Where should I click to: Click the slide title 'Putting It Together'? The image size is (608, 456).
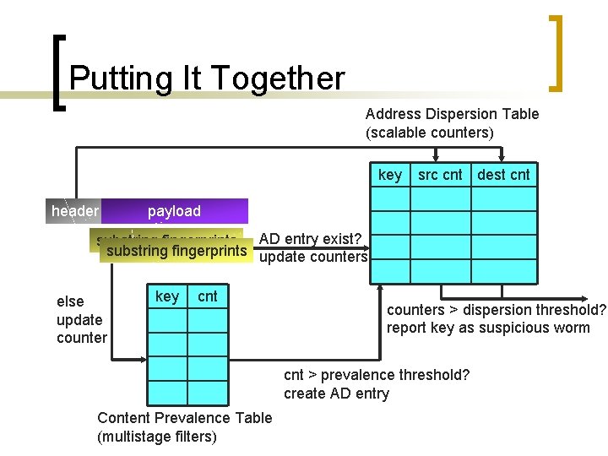coord(207,79)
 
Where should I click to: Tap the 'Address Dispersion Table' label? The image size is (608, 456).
coord(452,114)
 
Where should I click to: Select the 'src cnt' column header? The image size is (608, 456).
coord(440,175)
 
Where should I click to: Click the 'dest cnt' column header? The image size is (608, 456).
coord(504,175)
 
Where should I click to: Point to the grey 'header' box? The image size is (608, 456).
coord(75,211)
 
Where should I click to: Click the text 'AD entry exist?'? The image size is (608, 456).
coord(312,239)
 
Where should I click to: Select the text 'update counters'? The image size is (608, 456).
coord(313,257)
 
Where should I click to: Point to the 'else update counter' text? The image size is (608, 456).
coord(81,319)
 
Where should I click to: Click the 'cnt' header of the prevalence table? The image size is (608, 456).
coord(207,296)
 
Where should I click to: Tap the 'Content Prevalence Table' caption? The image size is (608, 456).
coord(185,418)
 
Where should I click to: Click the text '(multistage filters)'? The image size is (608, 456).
coord(157,437)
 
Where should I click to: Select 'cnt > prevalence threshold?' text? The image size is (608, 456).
coord(377,375)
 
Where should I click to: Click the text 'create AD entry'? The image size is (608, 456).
coord(336,394)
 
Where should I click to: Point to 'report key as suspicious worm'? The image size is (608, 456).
coord(488,328)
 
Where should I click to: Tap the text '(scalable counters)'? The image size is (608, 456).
coord(429,133)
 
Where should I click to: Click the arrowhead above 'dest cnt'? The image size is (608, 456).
coord(503,157)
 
